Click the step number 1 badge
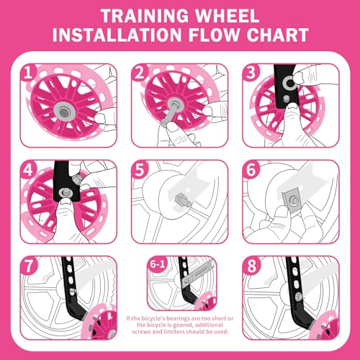28,73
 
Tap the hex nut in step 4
63,193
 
